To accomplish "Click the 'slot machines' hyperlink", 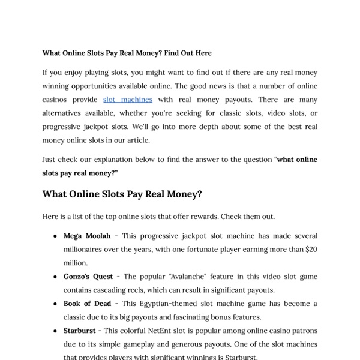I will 128,100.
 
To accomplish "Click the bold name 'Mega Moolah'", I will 87,236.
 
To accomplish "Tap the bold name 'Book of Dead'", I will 87,304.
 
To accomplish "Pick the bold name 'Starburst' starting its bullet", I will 82,331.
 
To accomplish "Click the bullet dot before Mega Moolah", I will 55,236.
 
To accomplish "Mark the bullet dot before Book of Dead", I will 55,304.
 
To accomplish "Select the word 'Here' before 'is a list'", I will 50,216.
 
